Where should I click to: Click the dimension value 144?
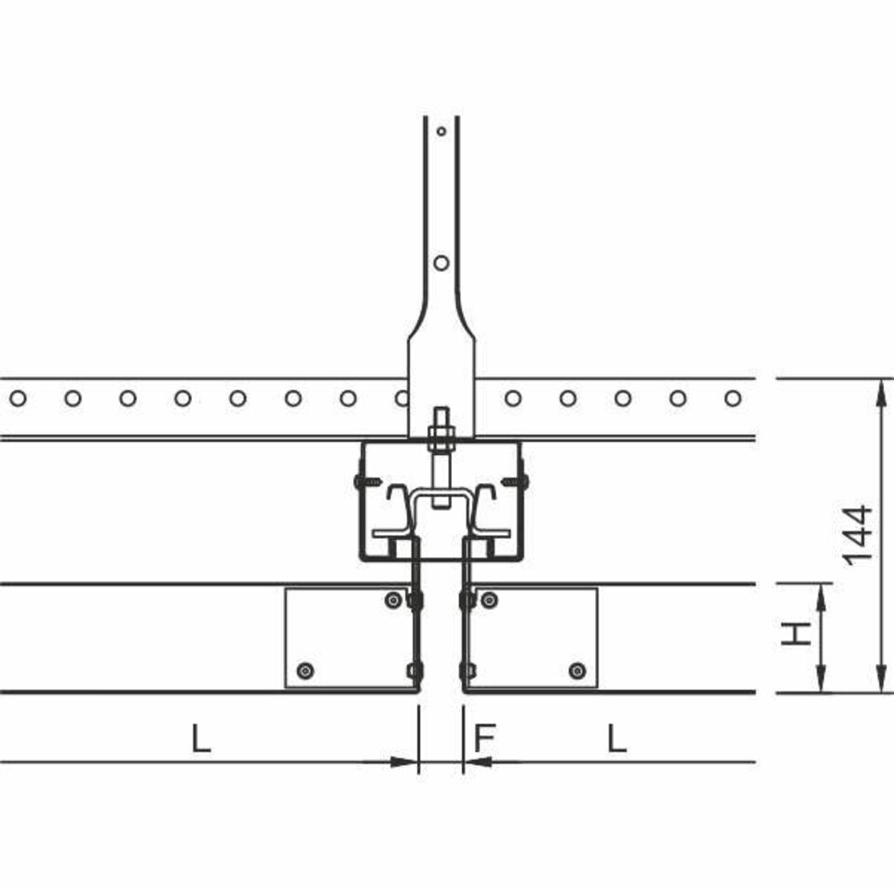(858, 535)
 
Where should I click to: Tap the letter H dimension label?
(796, 634)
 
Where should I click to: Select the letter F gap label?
(485, 737)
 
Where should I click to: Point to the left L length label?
(201, 737)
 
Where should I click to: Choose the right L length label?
(616, 737)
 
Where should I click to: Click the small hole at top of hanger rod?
(441, 131)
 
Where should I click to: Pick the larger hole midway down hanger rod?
(441, 263)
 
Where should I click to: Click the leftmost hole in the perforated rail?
(18, 398)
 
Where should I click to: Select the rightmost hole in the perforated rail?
(733, 398)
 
